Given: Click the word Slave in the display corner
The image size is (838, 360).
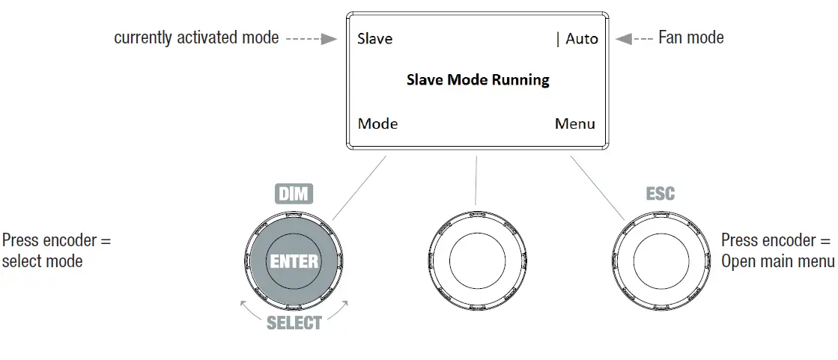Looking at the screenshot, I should (x=374, y=38).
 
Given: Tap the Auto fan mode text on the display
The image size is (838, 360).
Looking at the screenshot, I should (x=582, y=38).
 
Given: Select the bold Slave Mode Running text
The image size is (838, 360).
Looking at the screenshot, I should (x=478, y=79).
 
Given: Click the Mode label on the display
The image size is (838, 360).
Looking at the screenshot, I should (x=377, y=123).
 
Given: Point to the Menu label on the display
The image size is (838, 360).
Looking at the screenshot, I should (x=575, y=123).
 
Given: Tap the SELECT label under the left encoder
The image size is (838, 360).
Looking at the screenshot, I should (x=294, y=323).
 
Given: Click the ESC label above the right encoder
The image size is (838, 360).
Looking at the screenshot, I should (x=660, y=194).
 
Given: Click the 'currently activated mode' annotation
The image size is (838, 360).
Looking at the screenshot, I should (x=195, y=37).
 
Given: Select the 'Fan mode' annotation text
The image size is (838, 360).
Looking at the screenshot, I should (x=690, y=37).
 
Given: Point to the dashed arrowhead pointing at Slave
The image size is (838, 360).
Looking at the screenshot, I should (x=330, y=38).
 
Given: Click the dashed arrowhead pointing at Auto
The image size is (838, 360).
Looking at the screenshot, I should (x=623, y=38).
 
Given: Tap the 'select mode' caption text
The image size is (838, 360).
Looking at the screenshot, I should (x=42, y=261).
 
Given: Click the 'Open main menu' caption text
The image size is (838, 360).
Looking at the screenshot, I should (x=778, y=261).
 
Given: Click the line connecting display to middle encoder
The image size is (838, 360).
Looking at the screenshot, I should (x=476, y=180).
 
